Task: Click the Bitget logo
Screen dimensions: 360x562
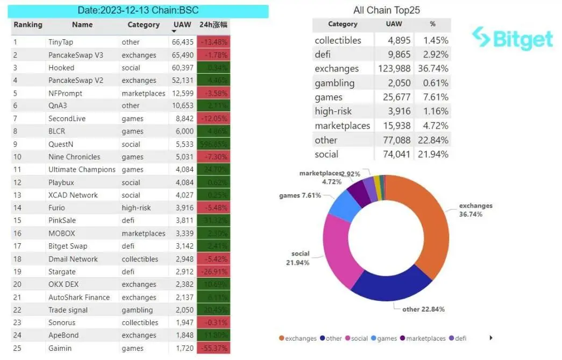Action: coord(511,39)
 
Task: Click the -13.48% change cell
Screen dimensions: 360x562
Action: coord(214,42)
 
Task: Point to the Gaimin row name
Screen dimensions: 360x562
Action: coord(60,348)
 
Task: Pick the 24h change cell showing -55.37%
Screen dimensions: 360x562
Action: coord(214,348)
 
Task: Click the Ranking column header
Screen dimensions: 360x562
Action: coord(28,25)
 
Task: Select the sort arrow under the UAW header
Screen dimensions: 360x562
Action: coord(174,32)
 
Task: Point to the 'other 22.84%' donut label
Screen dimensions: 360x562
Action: coord(423,309)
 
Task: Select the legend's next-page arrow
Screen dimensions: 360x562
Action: coord(490,338)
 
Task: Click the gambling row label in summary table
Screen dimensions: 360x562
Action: coord(335,83)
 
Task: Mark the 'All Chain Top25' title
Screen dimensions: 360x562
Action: coord(387,10)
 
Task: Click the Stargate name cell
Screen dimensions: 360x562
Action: coord(62,272)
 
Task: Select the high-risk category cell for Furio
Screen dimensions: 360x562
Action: coord(137,208)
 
